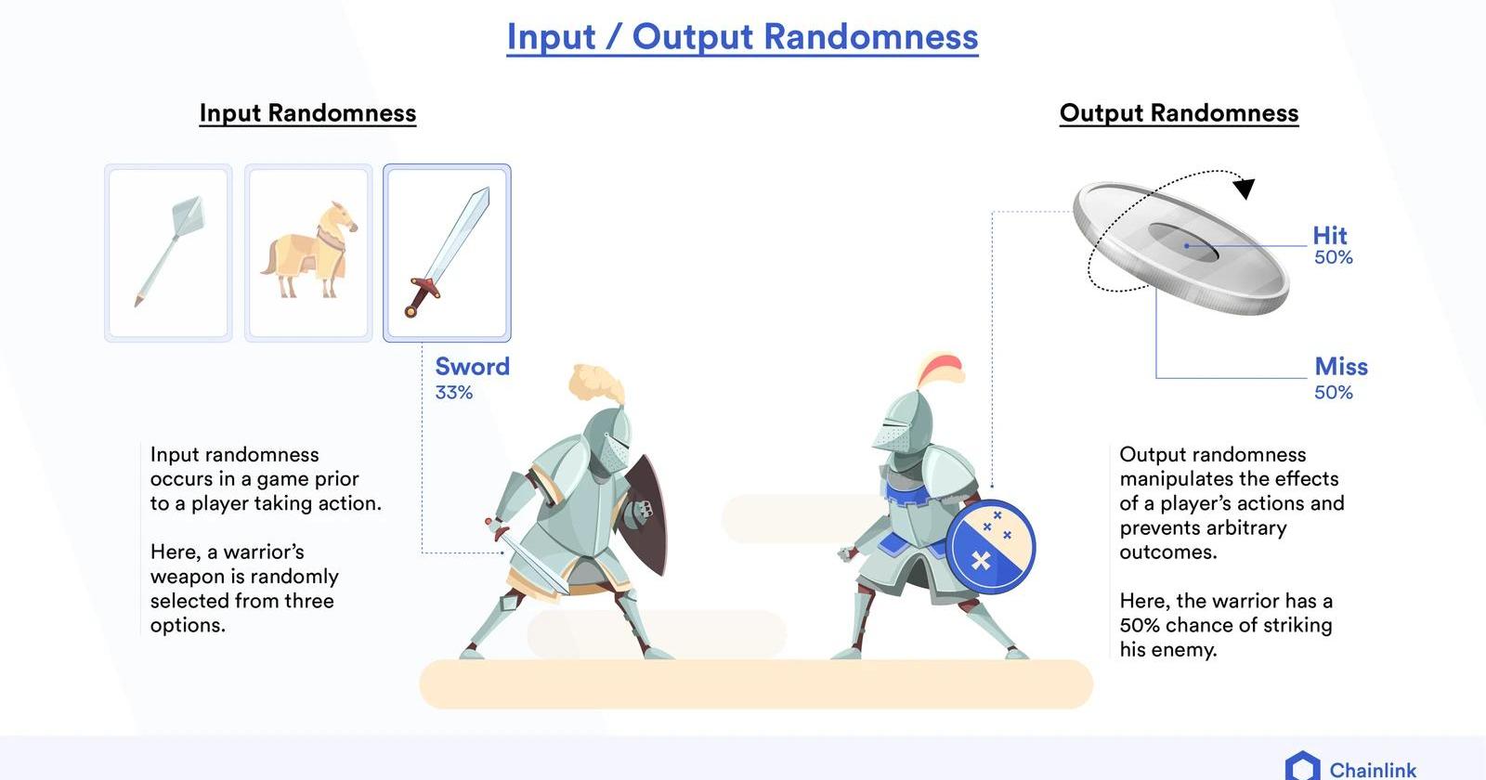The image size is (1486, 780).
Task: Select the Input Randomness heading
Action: click(x=307, y=112)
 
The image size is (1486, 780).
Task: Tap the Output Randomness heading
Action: click(x=1179, y=112)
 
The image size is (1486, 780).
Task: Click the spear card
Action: click(x=168, y=253)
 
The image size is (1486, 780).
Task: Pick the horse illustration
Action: click(x=309, y=251)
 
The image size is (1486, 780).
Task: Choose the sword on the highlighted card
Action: click(x=447, y=252)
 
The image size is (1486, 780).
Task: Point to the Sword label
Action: click(x=473, y=366)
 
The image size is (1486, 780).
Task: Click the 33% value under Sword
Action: click(x=454, y=393)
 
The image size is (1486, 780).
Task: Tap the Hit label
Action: click(x=1329, y=236)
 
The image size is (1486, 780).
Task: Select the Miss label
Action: click(x=1341, y=366)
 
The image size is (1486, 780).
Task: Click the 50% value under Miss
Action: click(x=1334, y=393)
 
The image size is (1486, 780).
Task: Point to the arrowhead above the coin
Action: click(x=1245, y=188)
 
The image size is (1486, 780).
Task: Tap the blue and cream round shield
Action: click(x=990, y=546)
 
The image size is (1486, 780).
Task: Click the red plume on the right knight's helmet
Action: click(x=942, y=369)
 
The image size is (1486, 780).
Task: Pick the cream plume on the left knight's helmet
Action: click(x=597, y=383)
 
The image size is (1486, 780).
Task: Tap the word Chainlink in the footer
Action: click(x=1373, y=770)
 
